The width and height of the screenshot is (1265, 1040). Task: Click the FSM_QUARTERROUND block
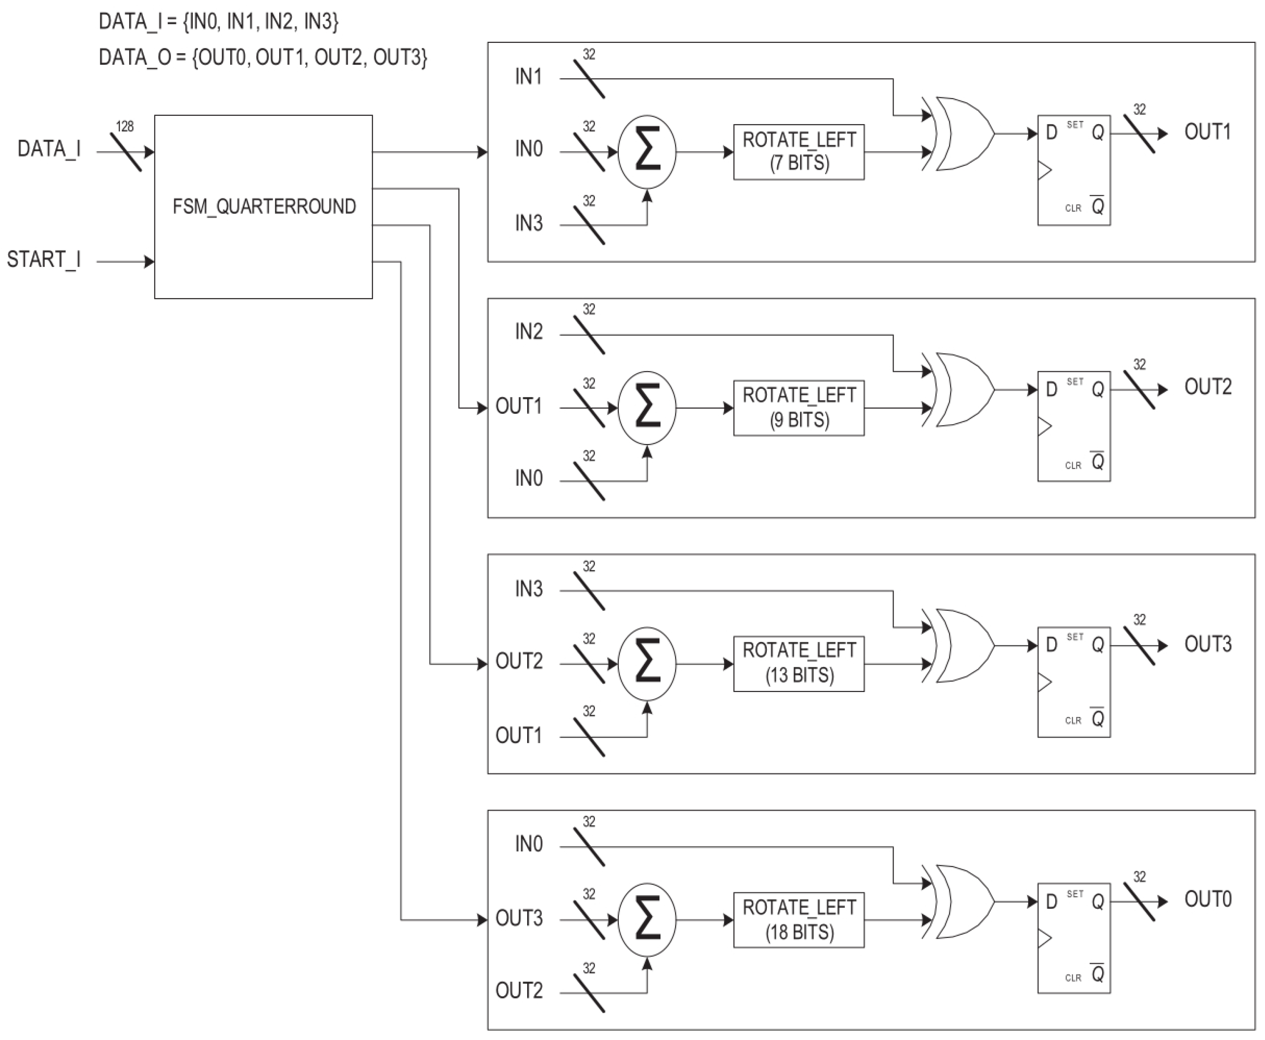click(263, 207)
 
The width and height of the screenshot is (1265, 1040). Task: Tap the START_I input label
click(43, 260)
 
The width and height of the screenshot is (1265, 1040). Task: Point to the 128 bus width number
click(125, 127)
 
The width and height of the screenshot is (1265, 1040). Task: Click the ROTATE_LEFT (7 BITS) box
click(799, 152)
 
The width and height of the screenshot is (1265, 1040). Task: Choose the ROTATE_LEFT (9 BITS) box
click(799, 408)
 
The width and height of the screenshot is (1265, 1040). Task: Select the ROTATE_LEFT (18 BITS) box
click(799, 920)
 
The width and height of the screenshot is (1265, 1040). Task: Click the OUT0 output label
click(1207, 899)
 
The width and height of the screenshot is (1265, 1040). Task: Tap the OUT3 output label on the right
click(1207, 644)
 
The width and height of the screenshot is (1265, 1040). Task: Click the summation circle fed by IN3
click(647, 152)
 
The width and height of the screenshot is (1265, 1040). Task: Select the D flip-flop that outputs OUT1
click(1073, 170)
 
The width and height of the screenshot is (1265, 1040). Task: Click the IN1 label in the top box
click(528, 77)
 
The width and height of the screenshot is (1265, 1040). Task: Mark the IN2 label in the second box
click(528, 331)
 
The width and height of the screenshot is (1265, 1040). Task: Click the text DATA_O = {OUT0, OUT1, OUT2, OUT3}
click(262, 58)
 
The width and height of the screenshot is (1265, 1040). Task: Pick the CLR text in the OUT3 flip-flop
click(1073, 721)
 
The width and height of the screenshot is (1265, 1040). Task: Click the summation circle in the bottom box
click(647, 920)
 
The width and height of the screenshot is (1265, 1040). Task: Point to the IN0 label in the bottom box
click(528, 844)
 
